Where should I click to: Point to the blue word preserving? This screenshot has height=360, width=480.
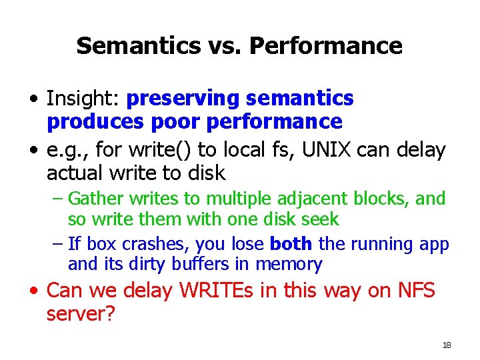click(x=183, y=99)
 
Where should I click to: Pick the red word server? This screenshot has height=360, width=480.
click(x=80, y=313)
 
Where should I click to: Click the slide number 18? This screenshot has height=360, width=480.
click(x=447, y=345)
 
